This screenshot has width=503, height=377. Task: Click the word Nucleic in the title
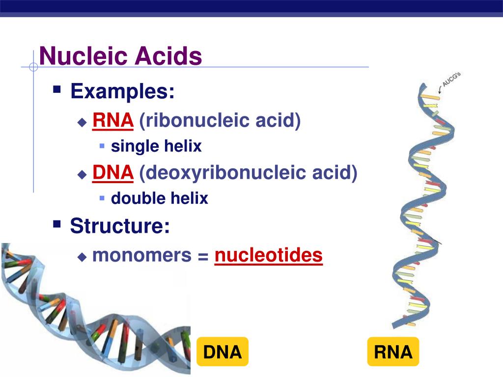pos(77,56)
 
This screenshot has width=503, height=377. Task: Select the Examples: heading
pos(122,91)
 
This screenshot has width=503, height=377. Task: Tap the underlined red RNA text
pos(113,120)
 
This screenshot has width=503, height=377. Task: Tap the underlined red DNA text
pos(113,172)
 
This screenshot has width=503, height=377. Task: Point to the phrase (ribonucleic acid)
pos(220,120)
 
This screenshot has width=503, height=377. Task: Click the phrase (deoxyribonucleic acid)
pos(248,172)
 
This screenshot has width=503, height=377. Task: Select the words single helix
pos(156,146)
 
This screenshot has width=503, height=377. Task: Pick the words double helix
pos(160,198)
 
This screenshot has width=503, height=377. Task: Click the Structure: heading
pos(120,226)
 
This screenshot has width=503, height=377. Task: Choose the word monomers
pos(142,255)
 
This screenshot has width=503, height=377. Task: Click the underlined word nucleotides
pos(268,255)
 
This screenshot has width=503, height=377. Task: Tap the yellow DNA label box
pos(223,352)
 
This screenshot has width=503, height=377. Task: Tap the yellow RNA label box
pos(393,352)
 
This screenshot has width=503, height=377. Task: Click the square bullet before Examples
pos(57,90)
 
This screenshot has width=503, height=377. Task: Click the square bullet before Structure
pos(57,224)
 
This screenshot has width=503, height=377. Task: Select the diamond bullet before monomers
pos(82,256)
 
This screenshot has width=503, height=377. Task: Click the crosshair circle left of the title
pos(33,67)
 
